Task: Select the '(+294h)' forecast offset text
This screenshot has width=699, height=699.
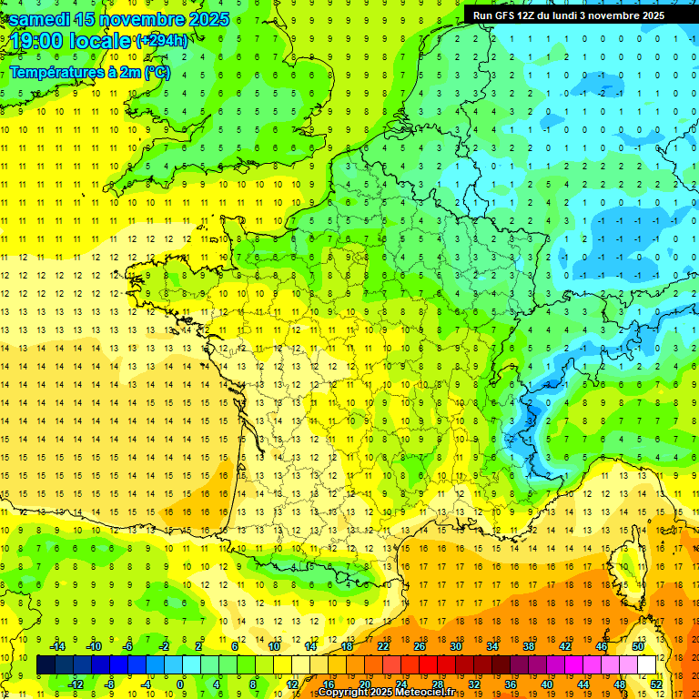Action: [161, 41]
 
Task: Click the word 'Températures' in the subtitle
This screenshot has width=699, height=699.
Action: [56, 72]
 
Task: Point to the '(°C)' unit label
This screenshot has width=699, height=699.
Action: [156, 72]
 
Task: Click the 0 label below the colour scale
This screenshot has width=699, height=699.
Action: [180, 684]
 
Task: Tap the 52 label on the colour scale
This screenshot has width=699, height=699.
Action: [655, 684]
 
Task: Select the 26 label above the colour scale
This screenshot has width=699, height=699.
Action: [420, 646]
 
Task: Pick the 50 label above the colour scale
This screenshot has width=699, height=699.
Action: [638, 646]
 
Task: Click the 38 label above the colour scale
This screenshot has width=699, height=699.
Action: [529, 646]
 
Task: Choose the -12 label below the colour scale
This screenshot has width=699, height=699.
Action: [77, 684]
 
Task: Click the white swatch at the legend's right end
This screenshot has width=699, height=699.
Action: [647, 665]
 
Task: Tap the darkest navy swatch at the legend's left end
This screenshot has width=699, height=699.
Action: [46, 665]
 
